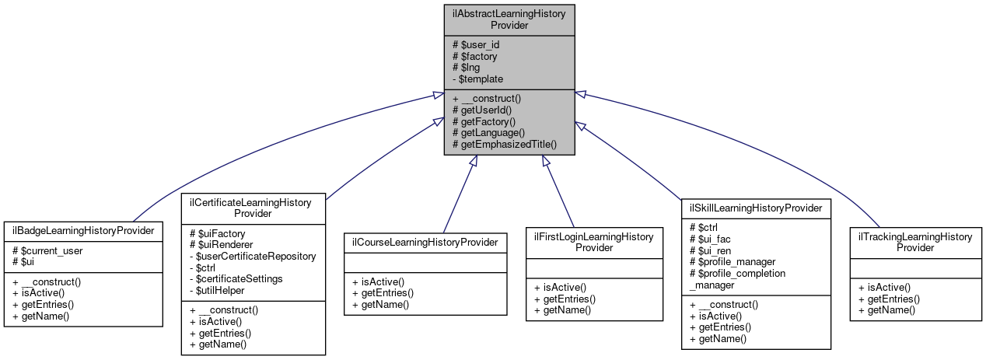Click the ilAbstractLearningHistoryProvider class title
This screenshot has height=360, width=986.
(509, 19)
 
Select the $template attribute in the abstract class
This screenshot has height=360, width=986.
(477, 79)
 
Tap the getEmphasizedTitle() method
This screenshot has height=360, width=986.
(505, 145)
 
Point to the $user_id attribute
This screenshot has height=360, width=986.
(477, 44)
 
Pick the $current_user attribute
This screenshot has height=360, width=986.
(47, 251)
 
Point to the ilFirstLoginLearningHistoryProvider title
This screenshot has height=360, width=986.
(593, 242)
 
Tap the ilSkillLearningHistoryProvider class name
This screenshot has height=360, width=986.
(756, 208)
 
